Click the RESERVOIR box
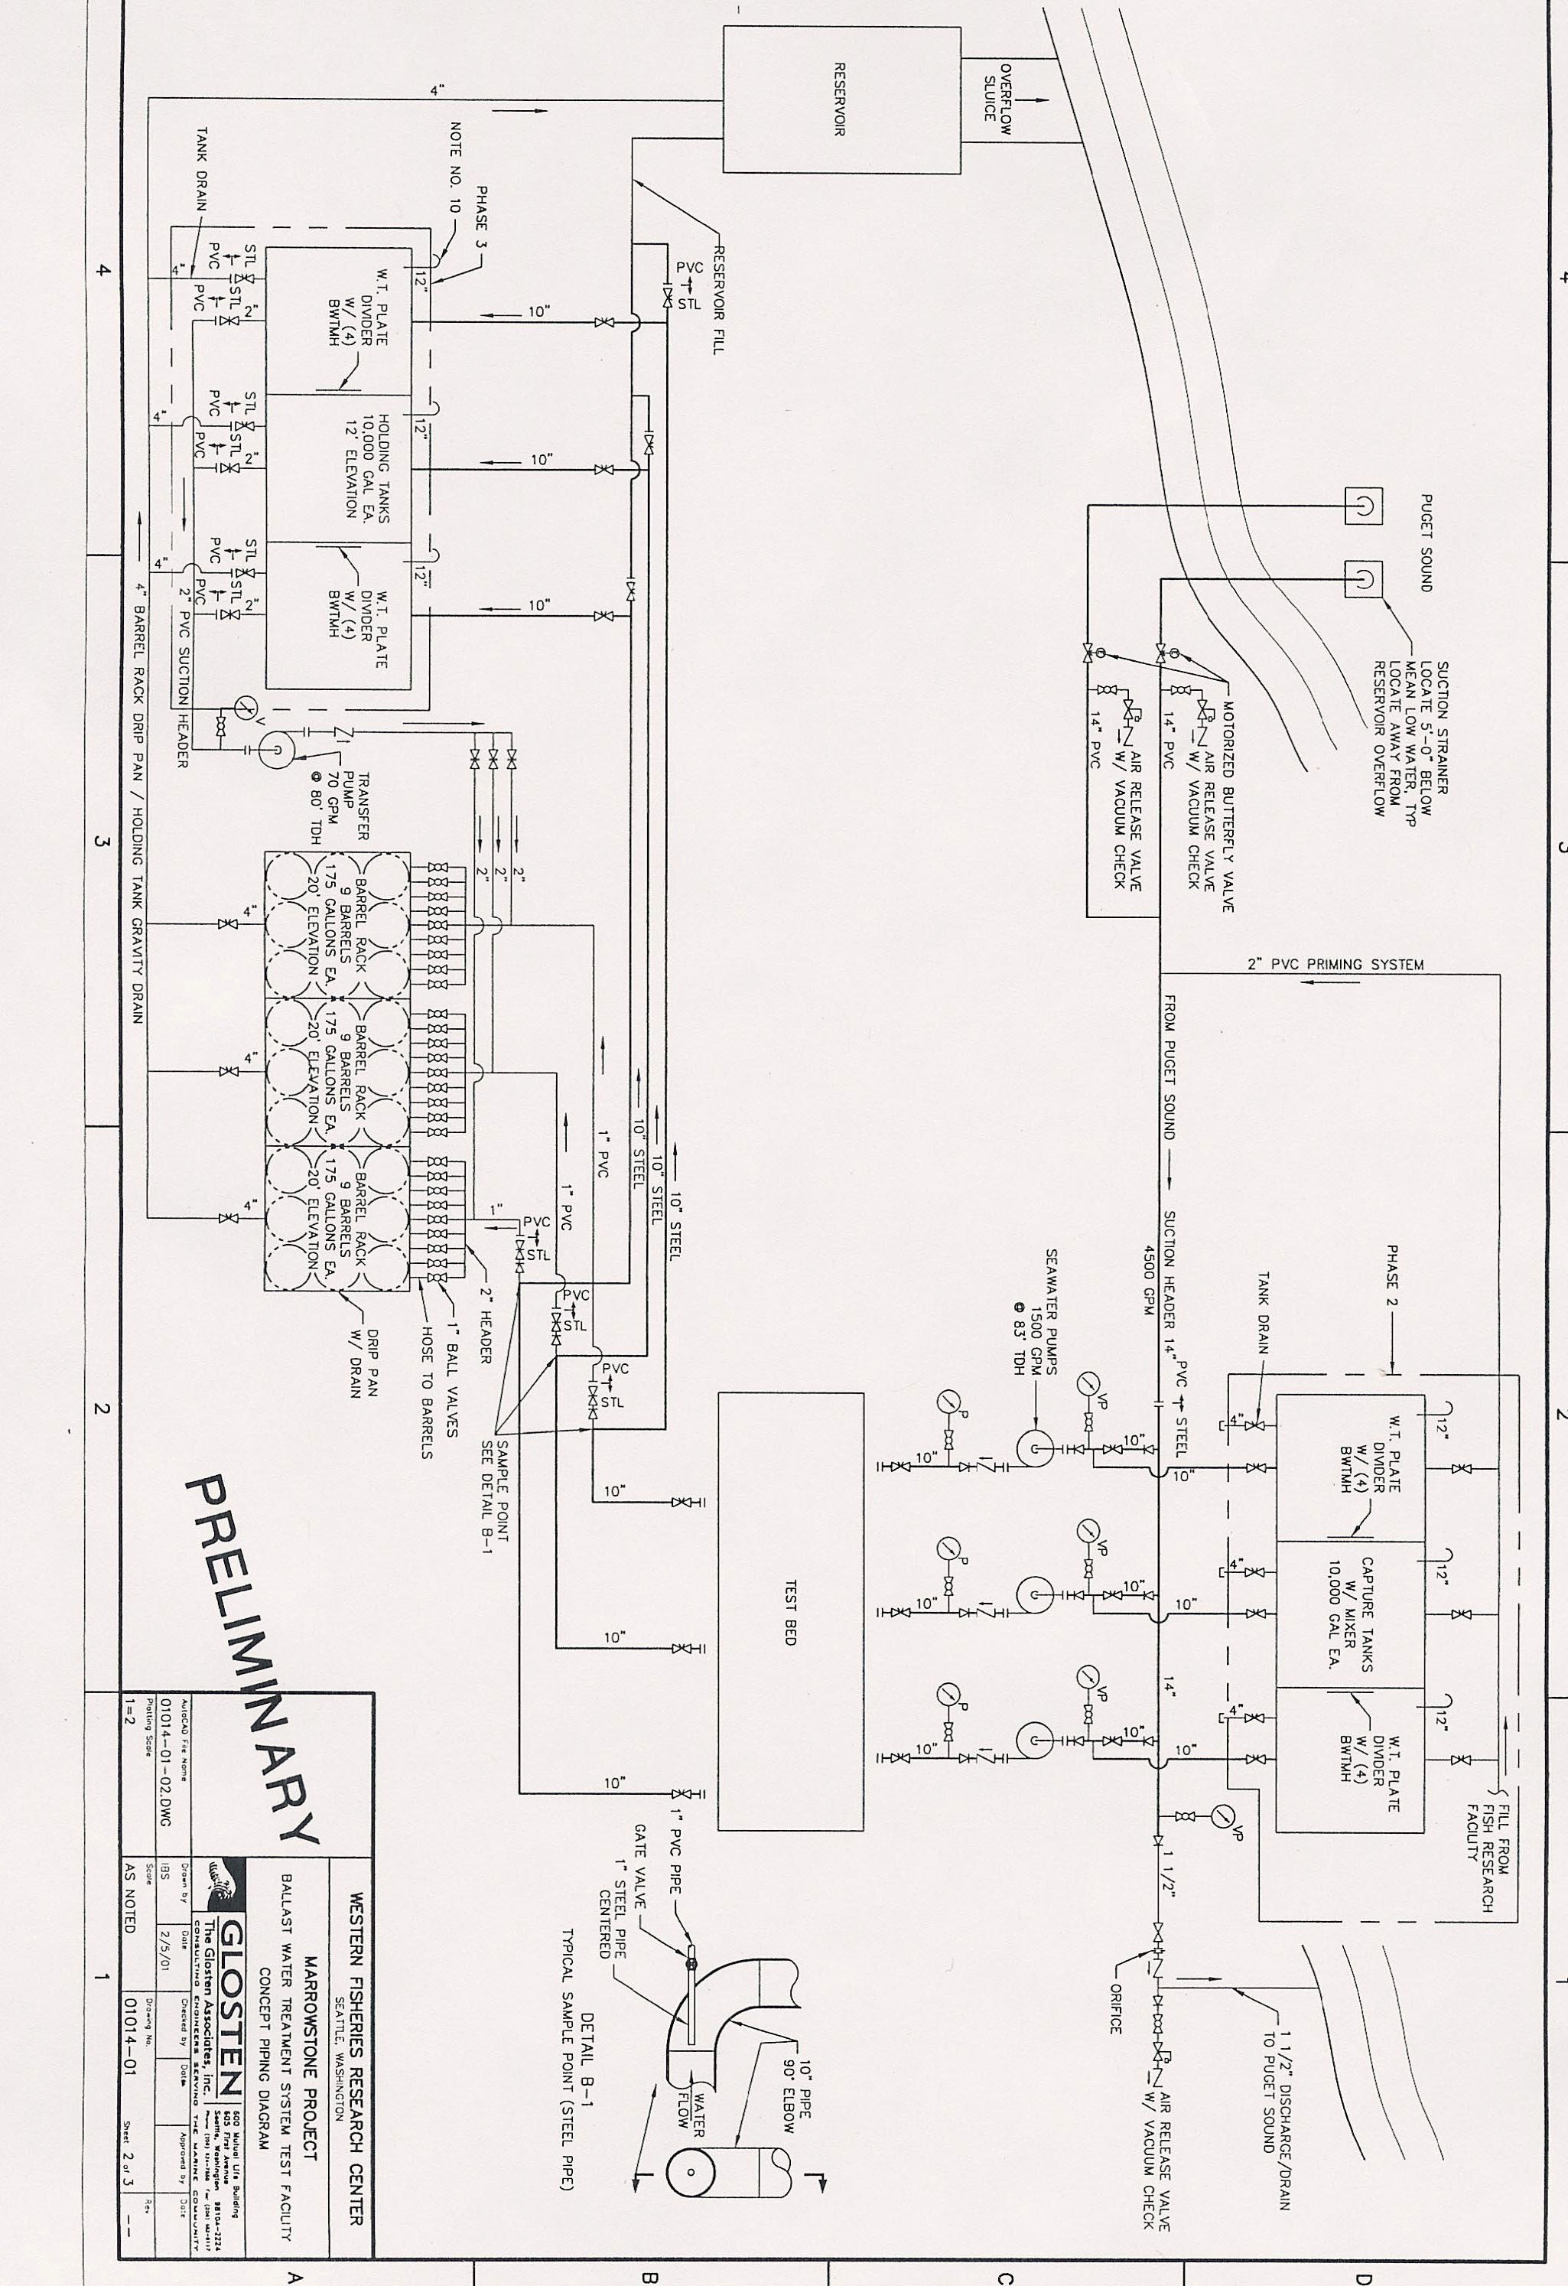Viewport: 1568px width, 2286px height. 841,99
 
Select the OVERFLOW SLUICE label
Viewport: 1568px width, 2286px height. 997,93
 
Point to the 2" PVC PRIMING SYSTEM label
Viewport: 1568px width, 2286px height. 1335,965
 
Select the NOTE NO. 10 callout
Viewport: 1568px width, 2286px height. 454,168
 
